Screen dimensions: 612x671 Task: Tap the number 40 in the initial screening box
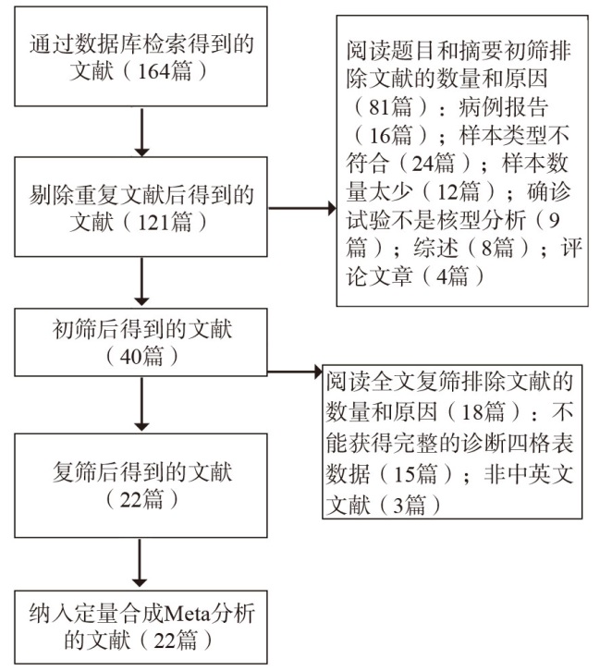tap(130, 357)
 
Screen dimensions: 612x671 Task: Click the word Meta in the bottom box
tap(188, 614)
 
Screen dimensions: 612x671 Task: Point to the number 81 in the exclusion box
tap(380, 107)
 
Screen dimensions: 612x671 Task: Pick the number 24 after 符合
tap(422, 164)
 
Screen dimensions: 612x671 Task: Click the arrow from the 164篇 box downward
tap(141, 132)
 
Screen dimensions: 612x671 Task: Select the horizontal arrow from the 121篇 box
tap(302, 208)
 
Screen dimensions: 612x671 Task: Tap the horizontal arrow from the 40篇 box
tap(295, 372)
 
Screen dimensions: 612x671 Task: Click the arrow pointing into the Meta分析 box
tap(140, 563)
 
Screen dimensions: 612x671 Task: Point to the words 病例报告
tap(503, 107)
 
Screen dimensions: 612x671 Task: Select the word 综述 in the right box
tap(435, 249)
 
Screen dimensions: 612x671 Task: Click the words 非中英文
tap(529, 474)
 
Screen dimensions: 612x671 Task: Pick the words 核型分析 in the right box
tap(481, 220)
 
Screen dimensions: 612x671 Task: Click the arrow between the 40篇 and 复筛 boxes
tap(141, 405)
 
